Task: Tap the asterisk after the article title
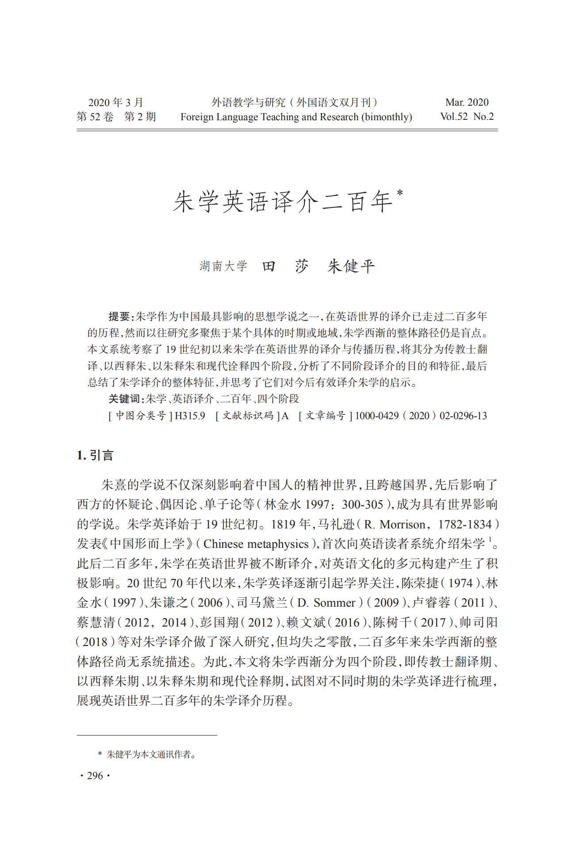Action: click(x=400, y=193)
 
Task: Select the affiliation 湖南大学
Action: click(x=223, y=266)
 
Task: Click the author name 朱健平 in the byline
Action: click(x=351, y=266)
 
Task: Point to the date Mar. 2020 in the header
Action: click(x=467, y=103)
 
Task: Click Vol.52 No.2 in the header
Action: click(x=467, y=117)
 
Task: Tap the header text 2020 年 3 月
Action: click(x=115, y=103)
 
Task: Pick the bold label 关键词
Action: click(x=124, y=399)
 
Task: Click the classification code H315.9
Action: click(x=190, y=416)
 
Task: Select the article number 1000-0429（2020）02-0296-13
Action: click(x=421, y=416)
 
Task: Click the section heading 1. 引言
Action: click(x=95, y=455)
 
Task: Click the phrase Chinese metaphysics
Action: click(x=256, y=544)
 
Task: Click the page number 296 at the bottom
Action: click(x=95, y=776)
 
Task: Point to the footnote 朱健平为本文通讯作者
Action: click(x=150, y=754)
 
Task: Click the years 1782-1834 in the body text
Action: click(x=465, y=524)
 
